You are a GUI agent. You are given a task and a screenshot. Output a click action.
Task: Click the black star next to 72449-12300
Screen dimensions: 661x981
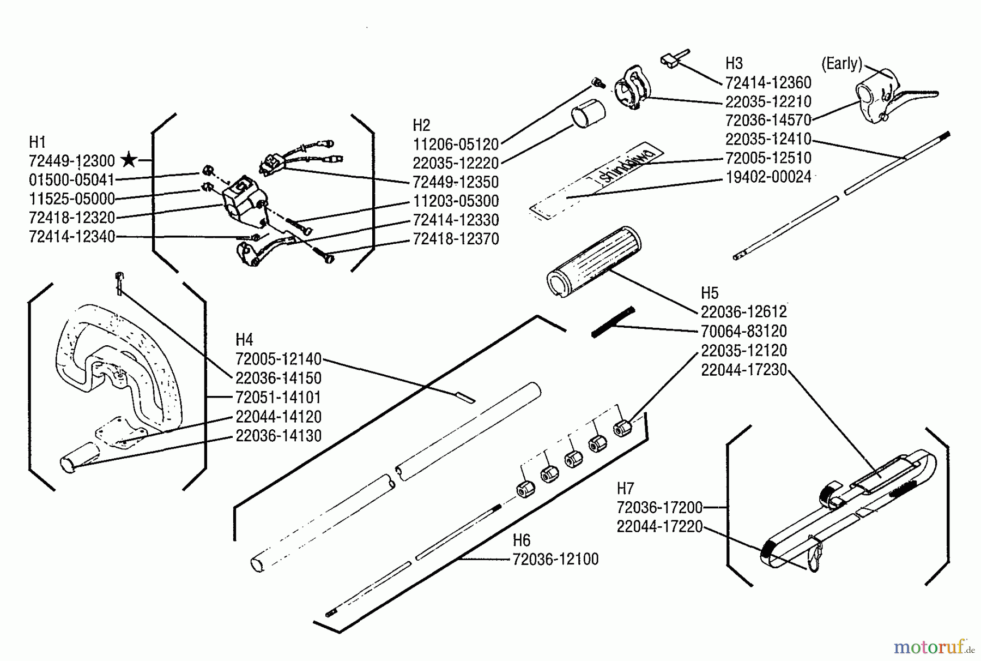129,160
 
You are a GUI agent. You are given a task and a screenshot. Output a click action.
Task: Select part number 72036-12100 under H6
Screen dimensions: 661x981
555,559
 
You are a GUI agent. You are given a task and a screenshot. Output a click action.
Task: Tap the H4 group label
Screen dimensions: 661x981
244,340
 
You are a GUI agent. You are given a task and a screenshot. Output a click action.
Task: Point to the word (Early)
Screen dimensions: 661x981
841,64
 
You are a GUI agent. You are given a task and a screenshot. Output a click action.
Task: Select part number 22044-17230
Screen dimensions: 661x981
744,370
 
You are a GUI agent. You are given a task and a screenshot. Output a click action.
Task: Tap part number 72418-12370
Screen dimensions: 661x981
456,239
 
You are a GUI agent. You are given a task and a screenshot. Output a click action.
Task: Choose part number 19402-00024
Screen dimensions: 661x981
768,177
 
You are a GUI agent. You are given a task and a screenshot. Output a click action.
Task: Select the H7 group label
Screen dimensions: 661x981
625,488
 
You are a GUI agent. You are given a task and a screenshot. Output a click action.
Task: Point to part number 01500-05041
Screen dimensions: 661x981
72,179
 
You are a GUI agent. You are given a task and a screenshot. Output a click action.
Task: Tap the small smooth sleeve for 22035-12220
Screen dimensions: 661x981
589,113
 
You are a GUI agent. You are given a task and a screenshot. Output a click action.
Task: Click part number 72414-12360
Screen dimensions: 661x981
768,82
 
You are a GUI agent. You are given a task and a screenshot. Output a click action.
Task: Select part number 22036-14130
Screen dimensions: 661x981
278,436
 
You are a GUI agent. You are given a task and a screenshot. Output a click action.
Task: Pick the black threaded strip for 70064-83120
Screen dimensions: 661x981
613,322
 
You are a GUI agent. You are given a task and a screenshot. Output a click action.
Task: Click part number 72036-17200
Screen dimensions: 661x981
659,507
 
